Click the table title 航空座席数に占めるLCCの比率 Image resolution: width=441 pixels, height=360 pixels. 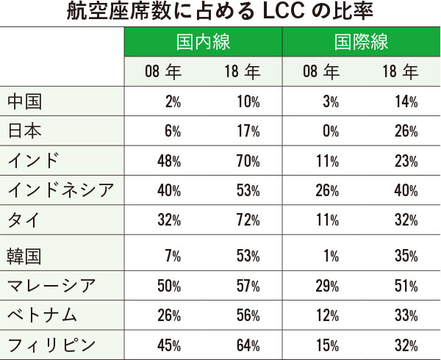[x=220, y=12]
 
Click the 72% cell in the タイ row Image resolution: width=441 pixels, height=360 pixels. [x=244, y=220]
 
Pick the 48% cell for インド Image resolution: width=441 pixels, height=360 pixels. [x=169, y=162]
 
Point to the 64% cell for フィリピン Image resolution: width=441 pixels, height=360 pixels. [x=244, y=345]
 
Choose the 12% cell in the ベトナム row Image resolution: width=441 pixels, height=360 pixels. [x=327, y=315]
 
